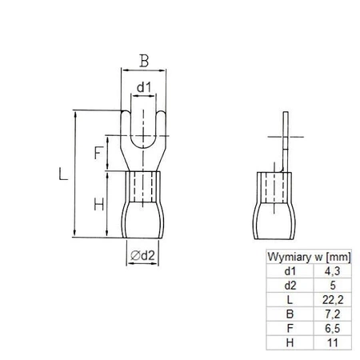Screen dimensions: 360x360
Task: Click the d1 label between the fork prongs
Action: pyautogui.click(x=142, y=86)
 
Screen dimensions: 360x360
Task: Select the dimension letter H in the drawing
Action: pyautogui.click(x=98, y=205)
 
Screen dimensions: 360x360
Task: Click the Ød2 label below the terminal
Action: pyautogui.click(x=142, y=256)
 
